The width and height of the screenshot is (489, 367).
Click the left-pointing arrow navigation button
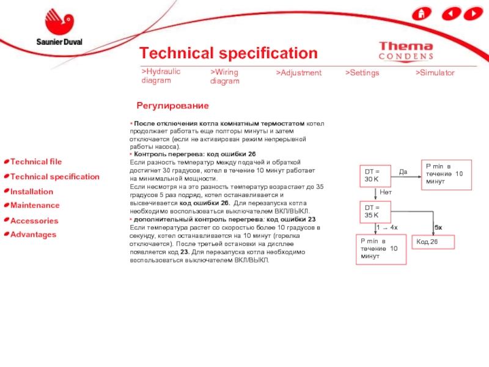click(451, 13)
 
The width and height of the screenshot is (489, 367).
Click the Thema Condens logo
click(406, 51)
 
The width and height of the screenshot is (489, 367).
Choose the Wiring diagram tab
click(225, 76)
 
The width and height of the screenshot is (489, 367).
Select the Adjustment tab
click(298, 73)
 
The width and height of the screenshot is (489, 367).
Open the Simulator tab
click(435, 73)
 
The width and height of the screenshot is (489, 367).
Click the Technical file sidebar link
click(36, 161)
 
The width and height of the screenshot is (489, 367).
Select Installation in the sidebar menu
click(32, 191)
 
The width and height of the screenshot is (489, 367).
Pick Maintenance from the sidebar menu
click(35, 206)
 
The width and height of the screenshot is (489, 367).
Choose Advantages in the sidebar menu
click(33, 235)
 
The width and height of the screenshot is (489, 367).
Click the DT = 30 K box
click(375, 175)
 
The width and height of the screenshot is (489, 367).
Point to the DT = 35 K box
click(375, 212)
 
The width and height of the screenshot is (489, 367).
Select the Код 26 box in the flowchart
click(435, 242)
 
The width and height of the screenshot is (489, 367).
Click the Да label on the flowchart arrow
click(403, 172)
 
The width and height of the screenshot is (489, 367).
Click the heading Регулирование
click(172, 106)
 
